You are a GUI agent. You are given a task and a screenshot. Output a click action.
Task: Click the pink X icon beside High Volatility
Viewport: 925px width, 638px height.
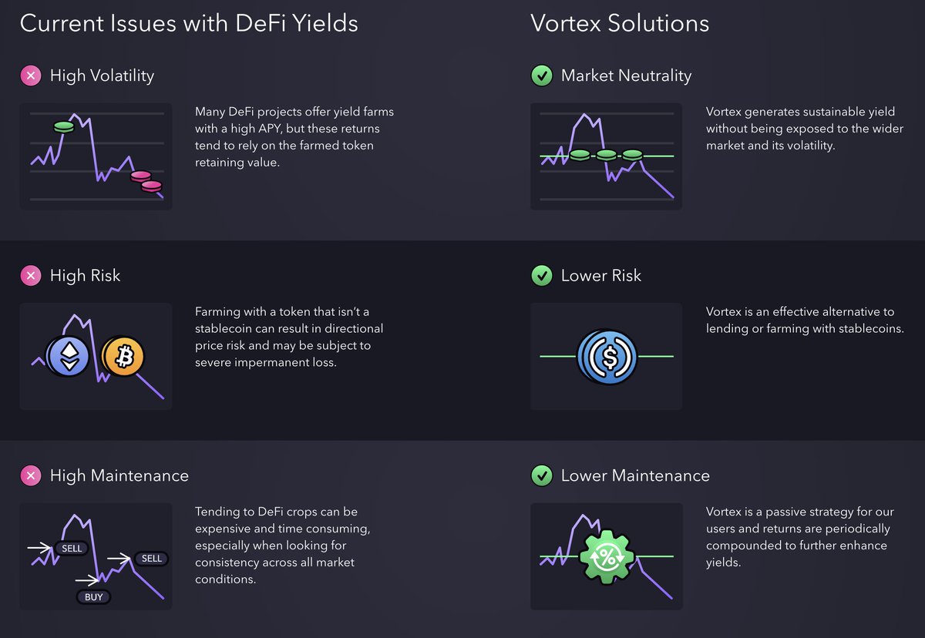coord(30,76)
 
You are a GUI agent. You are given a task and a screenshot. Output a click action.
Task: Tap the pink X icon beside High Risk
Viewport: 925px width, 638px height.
coord(30,275)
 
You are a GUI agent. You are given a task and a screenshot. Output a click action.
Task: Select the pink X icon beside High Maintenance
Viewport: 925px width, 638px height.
coord(30,475)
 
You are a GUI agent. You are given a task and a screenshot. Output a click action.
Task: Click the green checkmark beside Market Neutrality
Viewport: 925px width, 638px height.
coord(542,76)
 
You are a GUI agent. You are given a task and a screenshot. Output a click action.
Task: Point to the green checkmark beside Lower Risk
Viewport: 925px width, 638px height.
coord(542,275)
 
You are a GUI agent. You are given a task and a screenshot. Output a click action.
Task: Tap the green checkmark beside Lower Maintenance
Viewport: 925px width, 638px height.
coord(542,475)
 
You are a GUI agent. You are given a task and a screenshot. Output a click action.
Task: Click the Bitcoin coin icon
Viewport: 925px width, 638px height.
coord(123,356)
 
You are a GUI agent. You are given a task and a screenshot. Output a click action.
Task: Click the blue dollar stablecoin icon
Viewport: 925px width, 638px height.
coord(607,357)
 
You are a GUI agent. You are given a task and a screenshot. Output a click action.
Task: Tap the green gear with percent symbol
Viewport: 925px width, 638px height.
coord(607,556)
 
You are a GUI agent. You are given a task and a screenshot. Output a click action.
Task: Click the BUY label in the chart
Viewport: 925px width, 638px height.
coord(93,596)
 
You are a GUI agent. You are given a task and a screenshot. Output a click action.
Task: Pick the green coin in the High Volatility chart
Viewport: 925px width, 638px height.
coord(64,126)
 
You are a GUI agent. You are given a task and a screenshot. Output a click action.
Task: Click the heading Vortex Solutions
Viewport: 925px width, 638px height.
coord(620,23)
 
